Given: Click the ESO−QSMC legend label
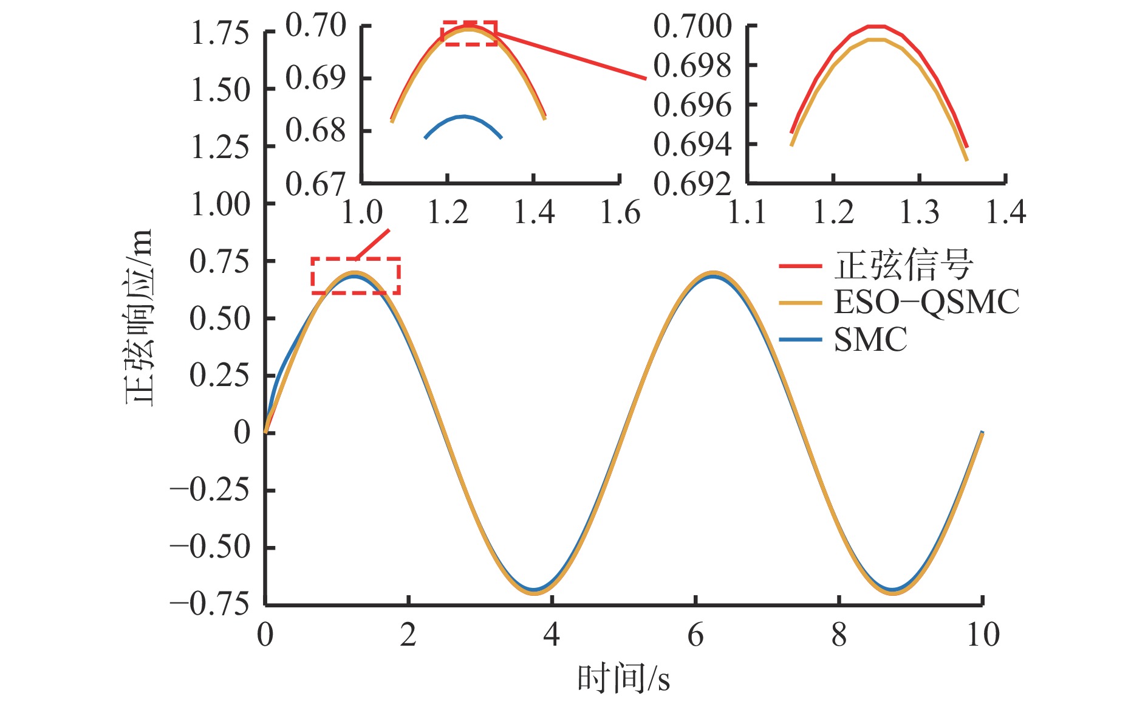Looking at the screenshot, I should click(926, 302).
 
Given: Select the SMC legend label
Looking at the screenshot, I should click(870, 339).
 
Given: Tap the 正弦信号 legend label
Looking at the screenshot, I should click(903, 265).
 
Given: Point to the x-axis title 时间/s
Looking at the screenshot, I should click(623, 679).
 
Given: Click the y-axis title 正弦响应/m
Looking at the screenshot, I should click(139, 317).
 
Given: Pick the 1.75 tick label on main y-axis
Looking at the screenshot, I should click(220, 33).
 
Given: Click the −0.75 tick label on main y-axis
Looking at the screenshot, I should click(210, 604).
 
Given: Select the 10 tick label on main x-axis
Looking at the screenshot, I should click(982, 635).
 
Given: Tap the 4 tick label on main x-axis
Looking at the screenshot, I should click(551, 635).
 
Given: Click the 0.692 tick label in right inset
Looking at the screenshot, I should click(692, 183).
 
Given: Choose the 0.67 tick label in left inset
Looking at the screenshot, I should click(315, 183).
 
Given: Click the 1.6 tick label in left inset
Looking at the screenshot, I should click(620, 213).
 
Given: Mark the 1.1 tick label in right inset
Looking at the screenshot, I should click(747, 213).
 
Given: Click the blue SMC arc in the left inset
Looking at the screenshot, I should click(463, 116).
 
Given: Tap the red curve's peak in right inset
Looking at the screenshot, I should click(876, 26).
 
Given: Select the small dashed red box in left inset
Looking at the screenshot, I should click(469, 33).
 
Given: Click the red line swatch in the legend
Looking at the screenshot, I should click(800, 266).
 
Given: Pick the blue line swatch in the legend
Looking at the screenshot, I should click(800, 340).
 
